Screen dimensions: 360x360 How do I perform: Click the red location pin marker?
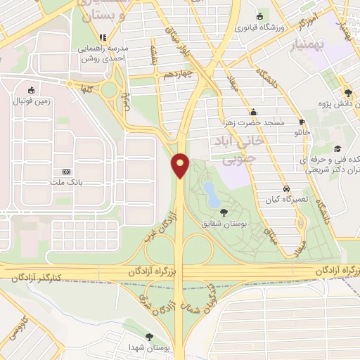click(181, 165)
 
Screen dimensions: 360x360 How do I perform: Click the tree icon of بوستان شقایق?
click(224, 212)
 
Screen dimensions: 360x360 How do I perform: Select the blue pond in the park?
click(211, 192)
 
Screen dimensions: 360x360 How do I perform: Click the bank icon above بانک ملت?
click(67, 172)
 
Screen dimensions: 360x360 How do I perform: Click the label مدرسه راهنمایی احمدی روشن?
click(103, 54)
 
